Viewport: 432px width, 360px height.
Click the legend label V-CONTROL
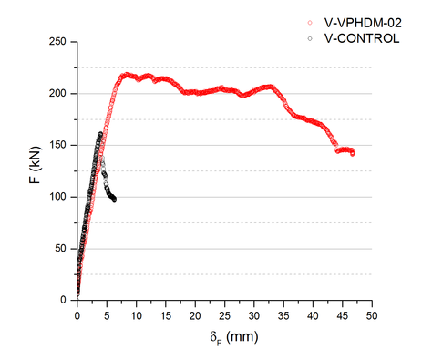(361, 38)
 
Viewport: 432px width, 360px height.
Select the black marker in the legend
(310, 38)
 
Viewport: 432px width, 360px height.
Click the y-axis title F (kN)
(34, 170)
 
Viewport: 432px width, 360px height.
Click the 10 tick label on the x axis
(136, 315)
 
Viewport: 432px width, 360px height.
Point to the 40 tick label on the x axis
(313, 315)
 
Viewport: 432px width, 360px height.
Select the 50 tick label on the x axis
(372, 315)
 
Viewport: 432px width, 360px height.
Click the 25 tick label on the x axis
(224, 315)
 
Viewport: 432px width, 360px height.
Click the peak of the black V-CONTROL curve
(100, 134)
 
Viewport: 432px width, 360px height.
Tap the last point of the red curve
(352, 153)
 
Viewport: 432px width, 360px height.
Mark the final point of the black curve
(114, 200)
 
